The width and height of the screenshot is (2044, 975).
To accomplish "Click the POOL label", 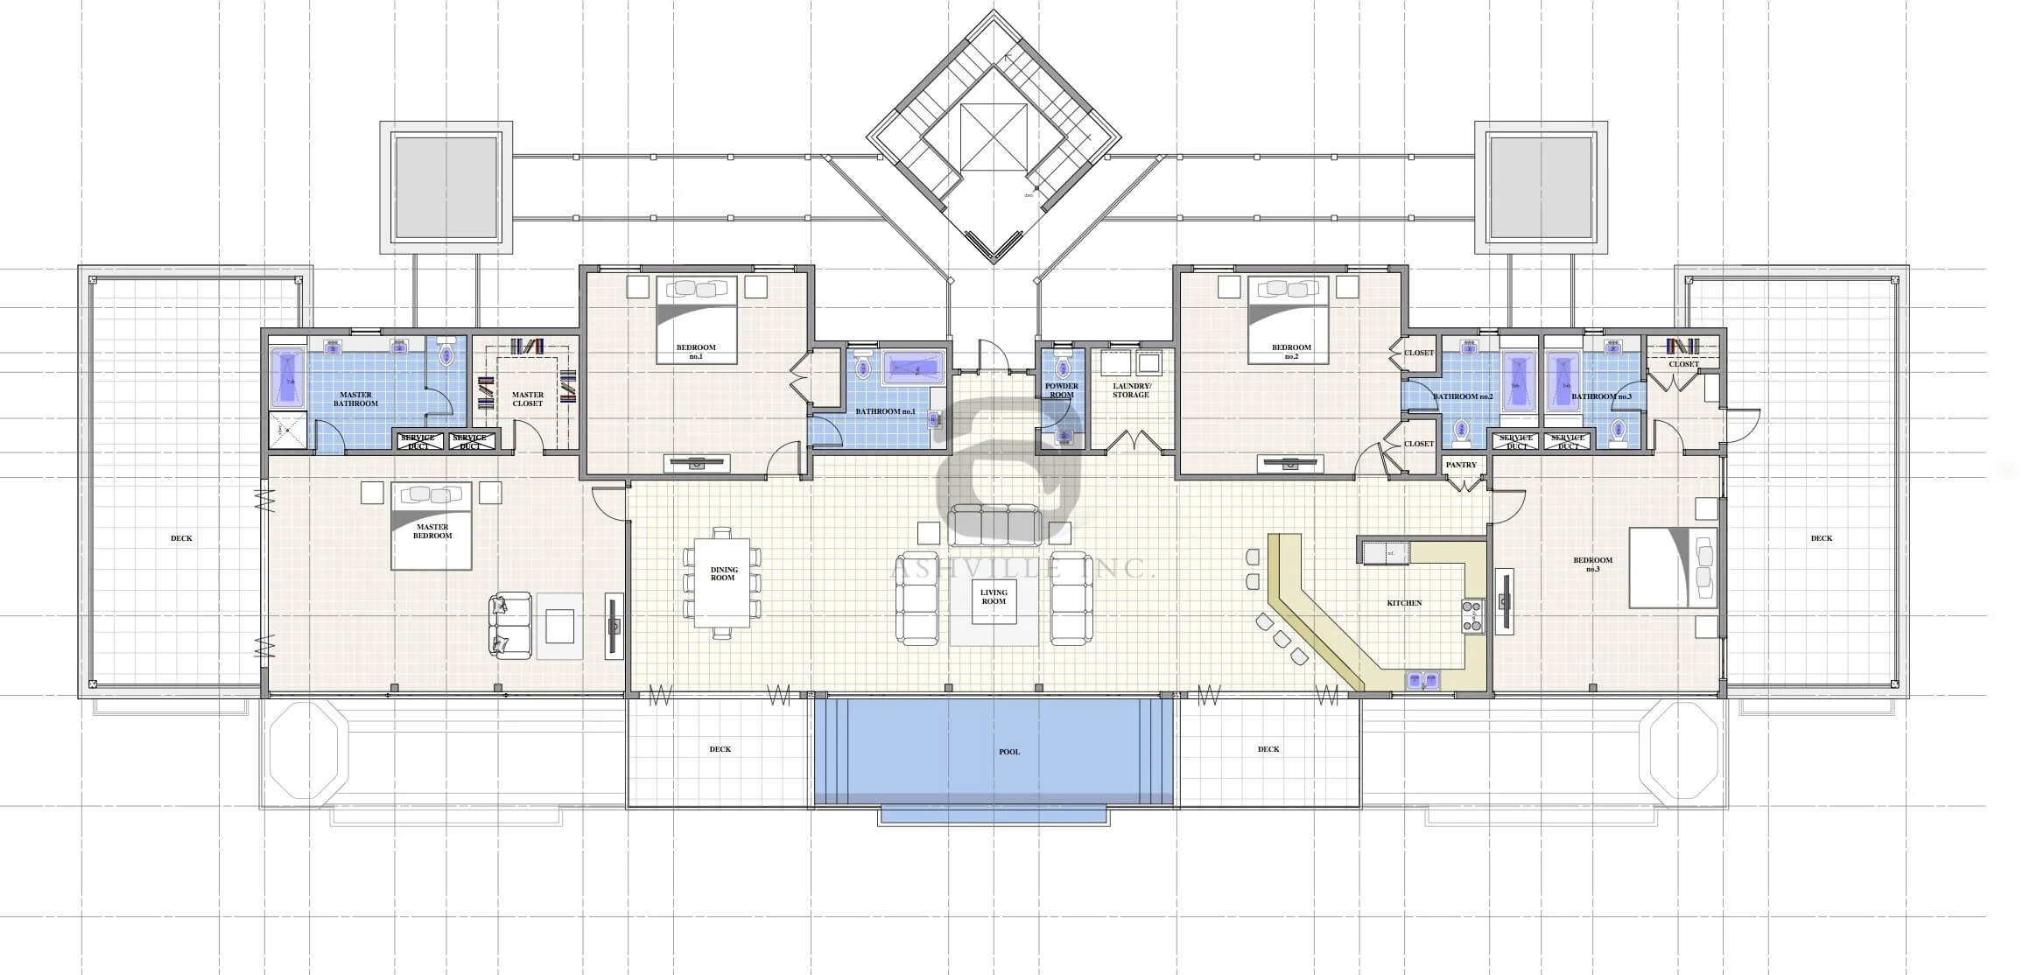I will (x=1008, y=752).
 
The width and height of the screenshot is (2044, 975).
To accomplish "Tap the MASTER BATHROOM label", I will (x=355, y=399).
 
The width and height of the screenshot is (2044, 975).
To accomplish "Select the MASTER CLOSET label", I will (x=528, y=399).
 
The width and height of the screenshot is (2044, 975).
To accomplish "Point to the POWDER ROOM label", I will (x=1061, y=390).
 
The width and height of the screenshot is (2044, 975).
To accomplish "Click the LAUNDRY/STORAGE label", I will (x=1131, y=390).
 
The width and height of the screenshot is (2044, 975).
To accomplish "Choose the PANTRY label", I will (x=1461, y=465).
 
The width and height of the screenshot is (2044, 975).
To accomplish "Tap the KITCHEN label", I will (x=1404, y=603).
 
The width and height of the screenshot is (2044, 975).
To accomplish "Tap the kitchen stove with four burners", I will (x=1472, y=616).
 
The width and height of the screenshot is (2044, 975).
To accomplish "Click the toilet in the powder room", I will (x=1064, y=368).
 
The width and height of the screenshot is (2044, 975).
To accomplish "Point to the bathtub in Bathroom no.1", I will (x=913, y=368).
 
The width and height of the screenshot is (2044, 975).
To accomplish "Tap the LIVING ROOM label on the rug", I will (x=994, y=597).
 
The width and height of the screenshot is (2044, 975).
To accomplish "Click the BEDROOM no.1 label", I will (x=696, y=352).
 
